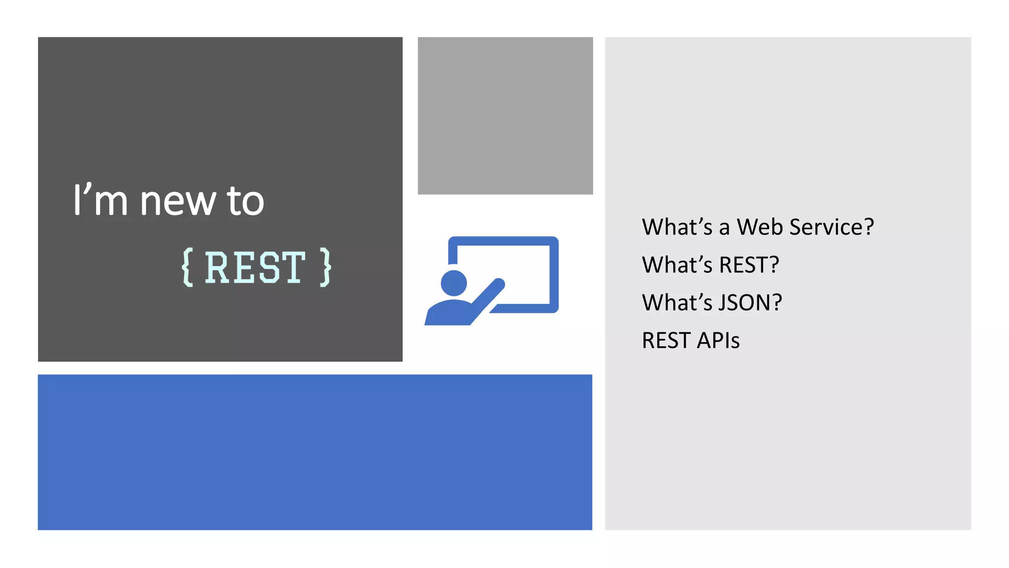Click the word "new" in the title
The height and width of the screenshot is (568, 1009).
(177, 202)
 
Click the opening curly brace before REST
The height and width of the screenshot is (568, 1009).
(188, 267)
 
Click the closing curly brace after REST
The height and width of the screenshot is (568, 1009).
(325, 267)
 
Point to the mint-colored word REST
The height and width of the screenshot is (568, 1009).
(255, 267)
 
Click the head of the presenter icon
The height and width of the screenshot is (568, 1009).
(453, 284)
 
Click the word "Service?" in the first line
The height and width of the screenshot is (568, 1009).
(831, 227)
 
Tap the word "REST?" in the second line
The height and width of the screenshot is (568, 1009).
(748, 265)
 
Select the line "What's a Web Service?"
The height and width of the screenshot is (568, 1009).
(757, 227)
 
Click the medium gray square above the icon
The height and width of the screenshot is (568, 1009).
(505, 115)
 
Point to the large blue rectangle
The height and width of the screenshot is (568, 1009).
(315, 452)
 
